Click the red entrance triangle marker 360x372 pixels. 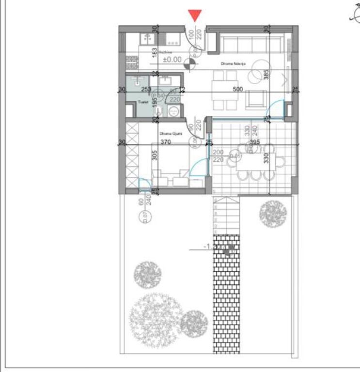195,15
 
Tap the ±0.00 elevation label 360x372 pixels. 172,60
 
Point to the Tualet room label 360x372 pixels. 142,102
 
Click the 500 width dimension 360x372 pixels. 238,89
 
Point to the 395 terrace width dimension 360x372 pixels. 255,142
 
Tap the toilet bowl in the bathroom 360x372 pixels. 174,111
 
